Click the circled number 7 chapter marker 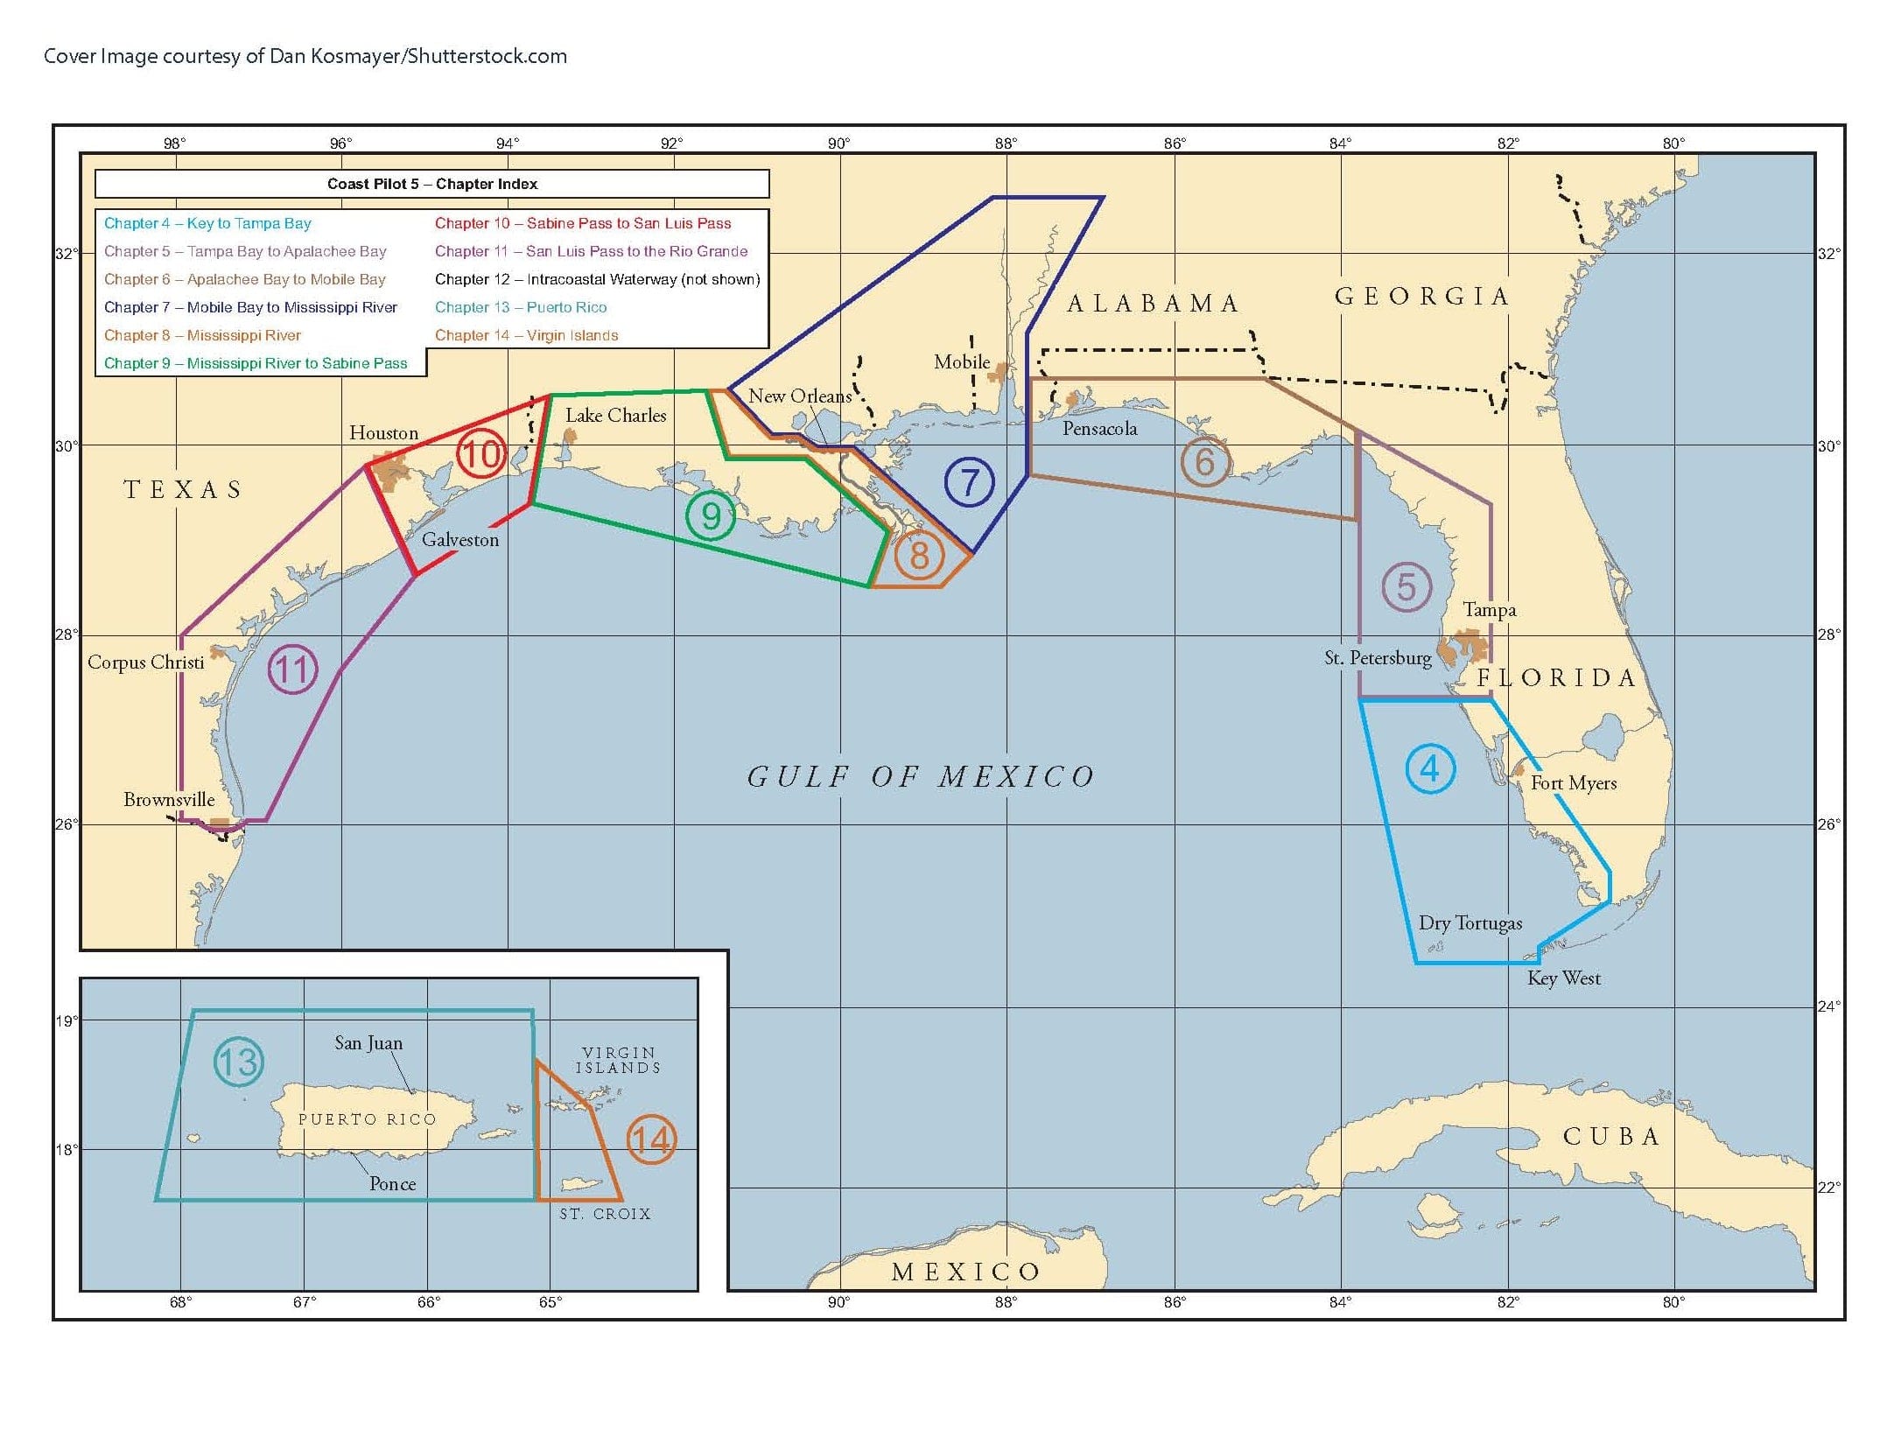(x=969, y=482)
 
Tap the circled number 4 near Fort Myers (x=1430, y=769)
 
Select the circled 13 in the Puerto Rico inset (x=238, y=1062)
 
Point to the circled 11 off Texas (x=292, y=669)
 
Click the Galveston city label (x=460, y=540)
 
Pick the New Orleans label (x=799, y=396)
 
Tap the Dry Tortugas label (x=1470, y=923)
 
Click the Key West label (x=1563, y=978)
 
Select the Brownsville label (x=169, y=800)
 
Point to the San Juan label (x=368, y=1043)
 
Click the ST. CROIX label (x=605, y=1214)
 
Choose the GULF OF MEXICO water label (x=921, y=777)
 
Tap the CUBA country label (x=1610, y=1137)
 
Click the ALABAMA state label (x=1153, y=304)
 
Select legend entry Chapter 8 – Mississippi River (x=202, y=335)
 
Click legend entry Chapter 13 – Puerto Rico (x=521, y=307)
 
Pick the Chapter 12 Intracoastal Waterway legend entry (x=597, y=279)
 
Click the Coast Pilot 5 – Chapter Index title (x=432, y=184)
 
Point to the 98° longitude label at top (x=174, y=144)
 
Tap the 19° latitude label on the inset (x=67, y=1021)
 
